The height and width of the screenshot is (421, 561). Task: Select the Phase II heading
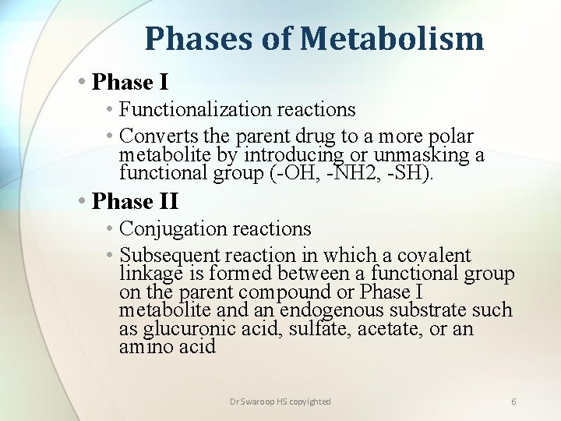pos(135,201)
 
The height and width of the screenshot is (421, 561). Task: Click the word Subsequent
pos(170,255)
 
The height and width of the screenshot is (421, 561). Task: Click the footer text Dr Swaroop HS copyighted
pos(280,402)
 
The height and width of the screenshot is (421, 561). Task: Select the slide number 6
pos(513,402)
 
